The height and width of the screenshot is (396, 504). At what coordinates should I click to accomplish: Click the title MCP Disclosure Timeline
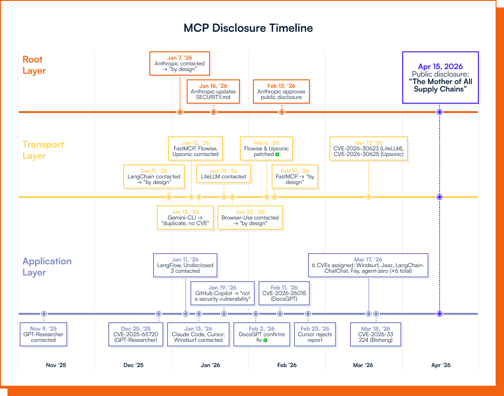(248, 28)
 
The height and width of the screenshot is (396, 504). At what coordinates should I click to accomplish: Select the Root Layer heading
(34, 65)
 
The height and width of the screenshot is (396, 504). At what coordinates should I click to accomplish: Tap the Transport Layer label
(43, 150)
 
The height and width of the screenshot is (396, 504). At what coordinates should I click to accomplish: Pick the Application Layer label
(47, 267)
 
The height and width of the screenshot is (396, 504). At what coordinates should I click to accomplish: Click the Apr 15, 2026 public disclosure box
(441, 78)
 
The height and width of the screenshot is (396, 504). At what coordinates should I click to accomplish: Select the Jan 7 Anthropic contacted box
(180, 63)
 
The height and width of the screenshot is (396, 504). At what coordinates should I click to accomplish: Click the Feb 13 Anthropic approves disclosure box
(281, 92)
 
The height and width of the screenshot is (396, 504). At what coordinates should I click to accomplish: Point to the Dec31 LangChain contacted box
(154, 177)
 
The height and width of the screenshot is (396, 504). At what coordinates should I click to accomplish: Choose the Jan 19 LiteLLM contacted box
(224, 174)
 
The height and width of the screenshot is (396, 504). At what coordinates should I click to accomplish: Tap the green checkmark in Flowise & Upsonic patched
(277, 154)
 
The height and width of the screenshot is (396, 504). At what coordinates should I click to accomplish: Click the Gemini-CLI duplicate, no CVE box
(185, 218)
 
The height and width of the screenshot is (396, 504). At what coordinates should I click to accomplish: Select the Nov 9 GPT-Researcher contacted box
(43, 334)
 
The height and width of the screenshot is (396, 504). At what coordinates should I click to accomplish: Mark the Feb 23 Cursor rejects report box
(315, 334)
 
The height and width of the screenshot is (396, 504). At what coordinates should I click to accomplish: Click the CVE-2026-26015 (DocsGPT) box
(284, 293)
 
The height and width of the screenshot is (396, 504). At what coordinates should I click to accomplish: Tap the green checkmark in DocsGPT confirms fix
(265, 340)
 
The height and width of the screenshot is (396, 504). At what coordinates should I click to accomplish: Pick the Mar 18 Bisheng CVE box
(376, 334)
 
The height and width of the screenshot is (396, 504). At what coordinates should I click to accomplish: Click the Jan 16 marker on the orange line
(214, 112)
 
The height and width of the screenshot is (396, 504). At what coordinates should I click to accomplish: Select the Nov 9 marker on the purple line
(44, 314)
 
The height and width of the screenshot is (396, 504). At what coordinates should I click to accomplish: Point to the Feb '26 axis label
(286, 365)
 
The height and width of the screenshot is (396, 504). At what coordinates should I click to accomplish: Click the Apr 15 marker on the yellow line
(439, 197)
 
